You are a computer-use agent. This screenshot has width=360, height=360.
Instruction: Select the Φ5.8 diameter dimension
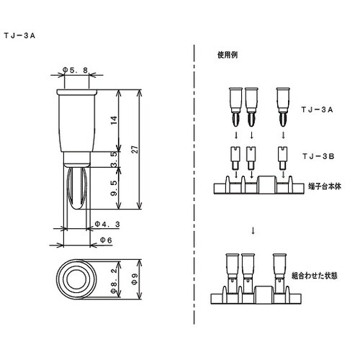pyautogui.click(x=76, y=69)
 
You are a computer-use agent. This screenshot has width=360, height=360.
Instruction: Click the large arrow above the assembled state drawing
pyautogui.click(x=252, y=230)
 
